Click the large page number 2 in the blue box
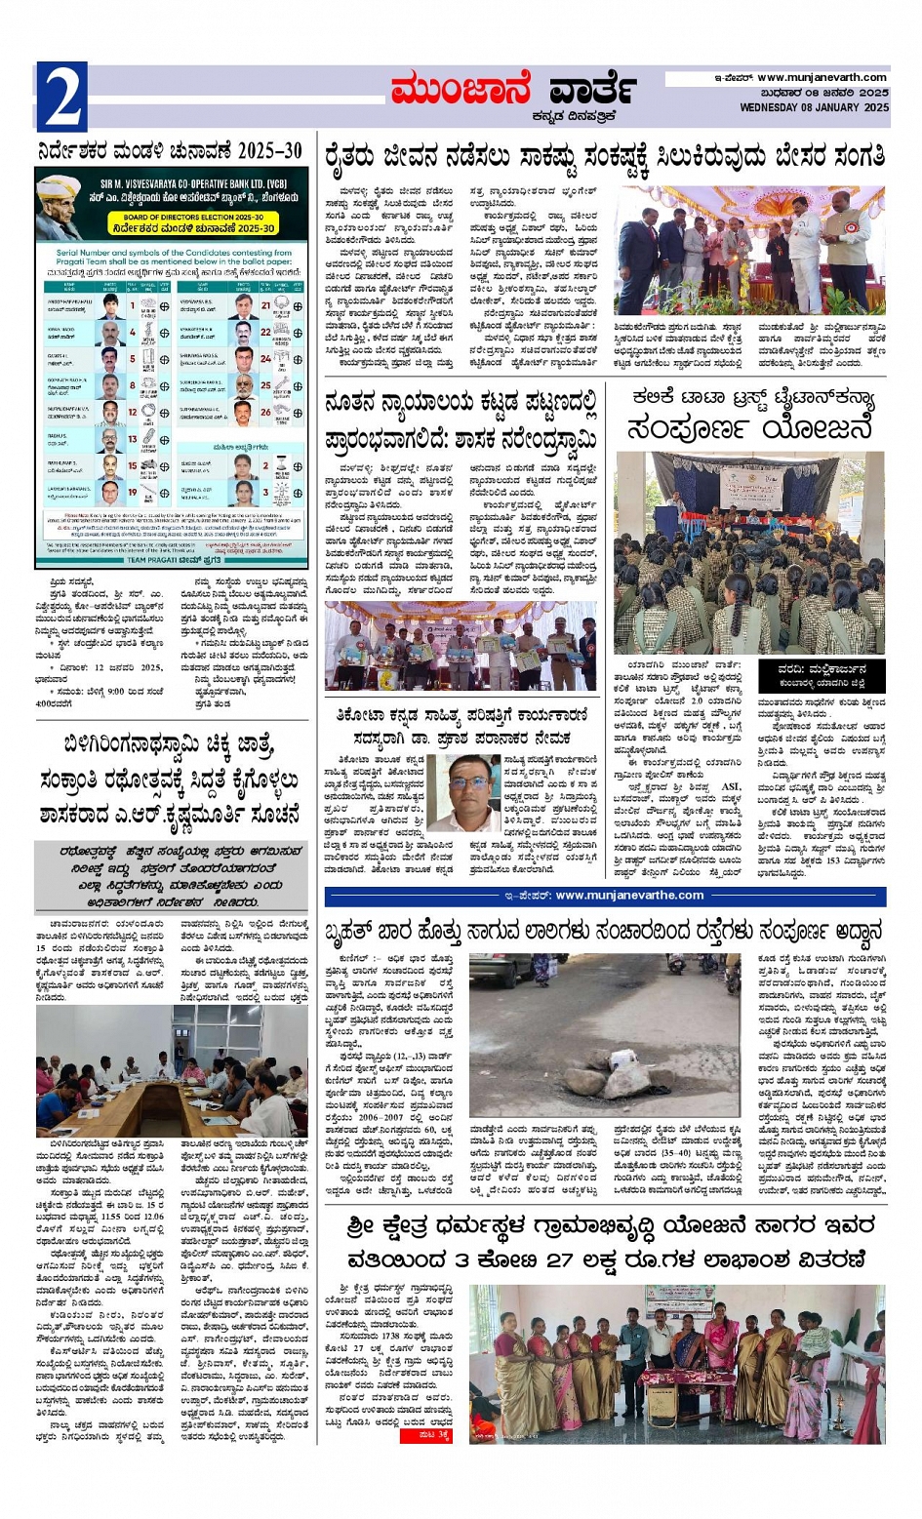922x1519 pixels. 62,98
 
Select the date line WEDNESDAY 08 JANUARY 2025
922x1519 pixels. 814,107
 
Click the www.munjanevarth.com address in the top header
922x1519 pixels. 822,78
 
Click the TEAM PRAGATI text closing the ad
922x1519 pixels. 174,560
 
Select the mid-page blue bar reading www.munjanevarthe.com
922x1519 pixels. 605,896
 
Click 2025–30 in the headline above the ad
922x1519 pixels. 260,151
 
